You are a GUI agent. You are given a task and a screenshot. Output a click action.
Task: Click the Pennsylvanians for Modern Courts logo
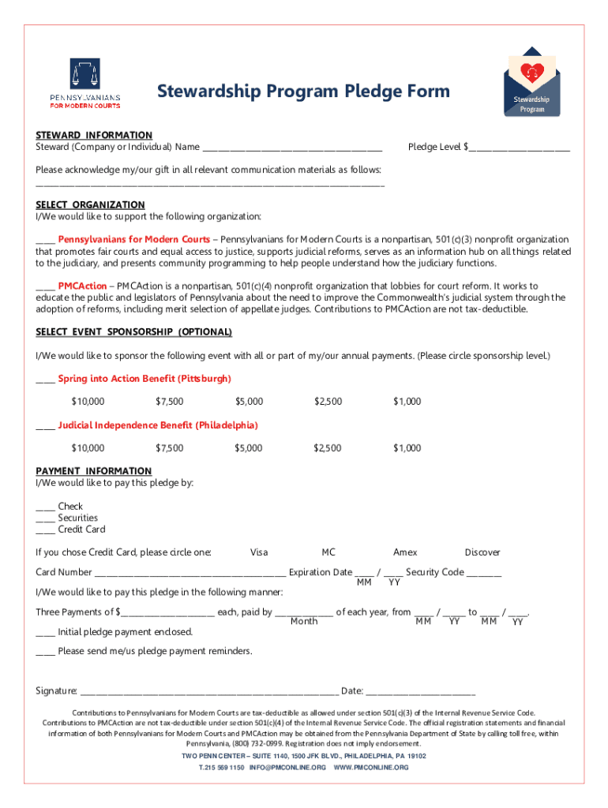[x=85, y=83]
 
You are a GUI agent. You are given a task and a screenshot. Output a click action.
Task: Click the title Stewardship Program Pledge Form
[x=303, y=92]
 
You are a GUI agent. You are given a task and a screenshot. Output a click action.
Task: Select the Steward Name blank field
[x=292, y=148]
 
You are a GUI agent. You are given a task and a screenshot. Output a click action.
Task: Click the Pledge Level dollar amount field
[x=520, y=148]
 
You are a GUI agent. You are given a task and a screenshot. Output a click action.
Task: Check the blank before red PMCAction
[x=45, y=286]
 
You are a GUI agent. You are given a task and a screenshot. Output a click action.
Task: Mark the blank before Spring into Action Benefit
[x=45, y=380]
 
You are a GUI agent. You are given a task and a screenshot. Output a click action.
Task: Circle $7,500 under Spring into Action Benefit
[x=170, y=402]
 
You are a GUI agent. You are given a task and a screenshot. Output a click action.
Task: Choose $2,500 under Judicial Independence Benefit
[x=328, y=448]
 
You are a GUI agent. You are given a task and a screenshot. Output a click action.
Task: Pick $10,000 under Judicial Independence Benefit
[x=88, y=448]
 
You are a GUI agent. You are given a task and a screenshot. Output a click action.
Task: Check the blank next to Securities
[x=45, y=518]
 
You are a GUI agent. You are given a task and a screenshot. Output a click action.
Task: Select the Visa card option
[x=259, y=552]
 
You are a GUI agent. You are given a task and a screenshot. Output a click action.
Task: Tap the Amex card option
[x=405, y=552]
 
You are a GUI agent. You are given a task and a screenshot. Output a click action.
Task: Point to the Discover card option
[x=482, y=552]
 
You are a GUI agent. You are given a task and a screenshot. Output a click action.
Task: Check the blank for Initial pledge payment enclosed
[x=45, y=633]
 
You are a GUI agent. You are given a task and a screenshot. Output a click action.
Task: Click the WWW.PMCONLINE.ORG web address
[x=371, y=767]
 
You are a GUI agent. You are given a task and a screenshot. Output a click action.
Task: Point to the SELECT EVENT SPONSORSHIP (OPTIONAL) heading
[x=134, y=332]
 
